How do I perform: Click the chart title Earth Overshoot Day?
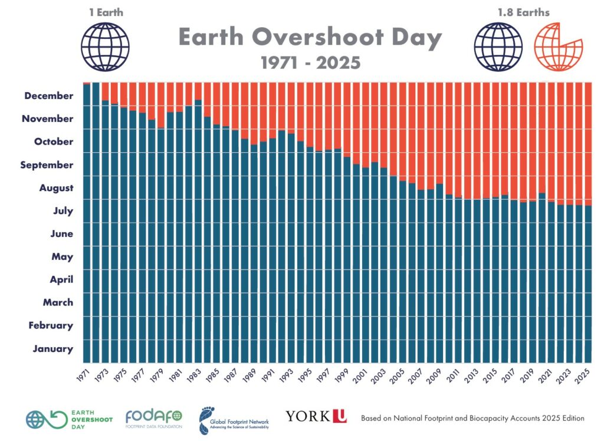[310, 38]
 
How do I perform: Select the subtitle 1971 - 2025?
[310, 62]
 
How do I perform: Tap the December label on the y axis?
[49, 96]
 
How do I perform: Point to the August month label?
[57, 188]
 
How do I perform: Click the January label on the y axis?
[53, 348]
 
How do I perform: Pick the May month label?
[63, 256]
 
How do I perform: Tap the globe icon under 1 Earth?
[105, 46]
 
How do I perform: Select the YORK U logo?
[316, 416]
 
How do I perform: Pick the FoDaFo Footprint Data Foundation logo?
[154, 417]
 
